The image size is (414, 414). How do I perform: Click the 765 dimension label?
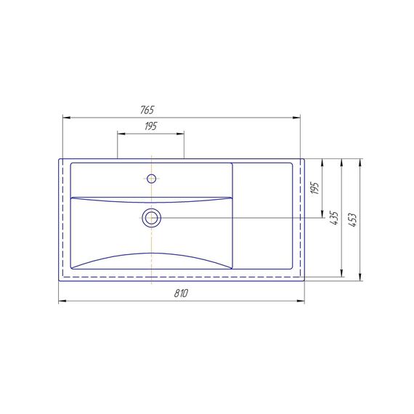pyautogui.click(x=147, y=110)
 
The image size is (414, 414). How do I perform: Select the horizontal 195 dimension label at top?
pyautogui.click(x=151, y=126)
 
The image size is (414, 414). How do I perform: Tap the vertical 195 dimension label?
pyautogui.click(x=315, y=188)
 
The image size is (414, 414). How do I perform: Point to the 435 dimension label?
pyautogui.click(x=334, y=218)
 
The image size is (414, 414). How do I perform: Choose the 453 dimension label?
pyautogui.click(x=353, y=219)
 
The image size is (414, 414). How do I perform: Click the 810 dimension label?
pyautogui.click(x=181, y=293)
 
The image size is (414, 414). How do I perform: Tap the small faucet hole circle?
pyautogui.click(x=151, y=179)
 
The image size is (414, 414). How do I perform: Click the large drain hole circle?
pyautogui.click(x=151, y=218)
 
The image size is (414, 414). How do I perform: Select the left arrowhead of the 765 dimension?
pyautogui.click(x=67, y=118)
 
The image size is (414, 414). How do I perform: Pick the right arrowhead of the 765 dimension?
pyautogui.click(x=296, y=118)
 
